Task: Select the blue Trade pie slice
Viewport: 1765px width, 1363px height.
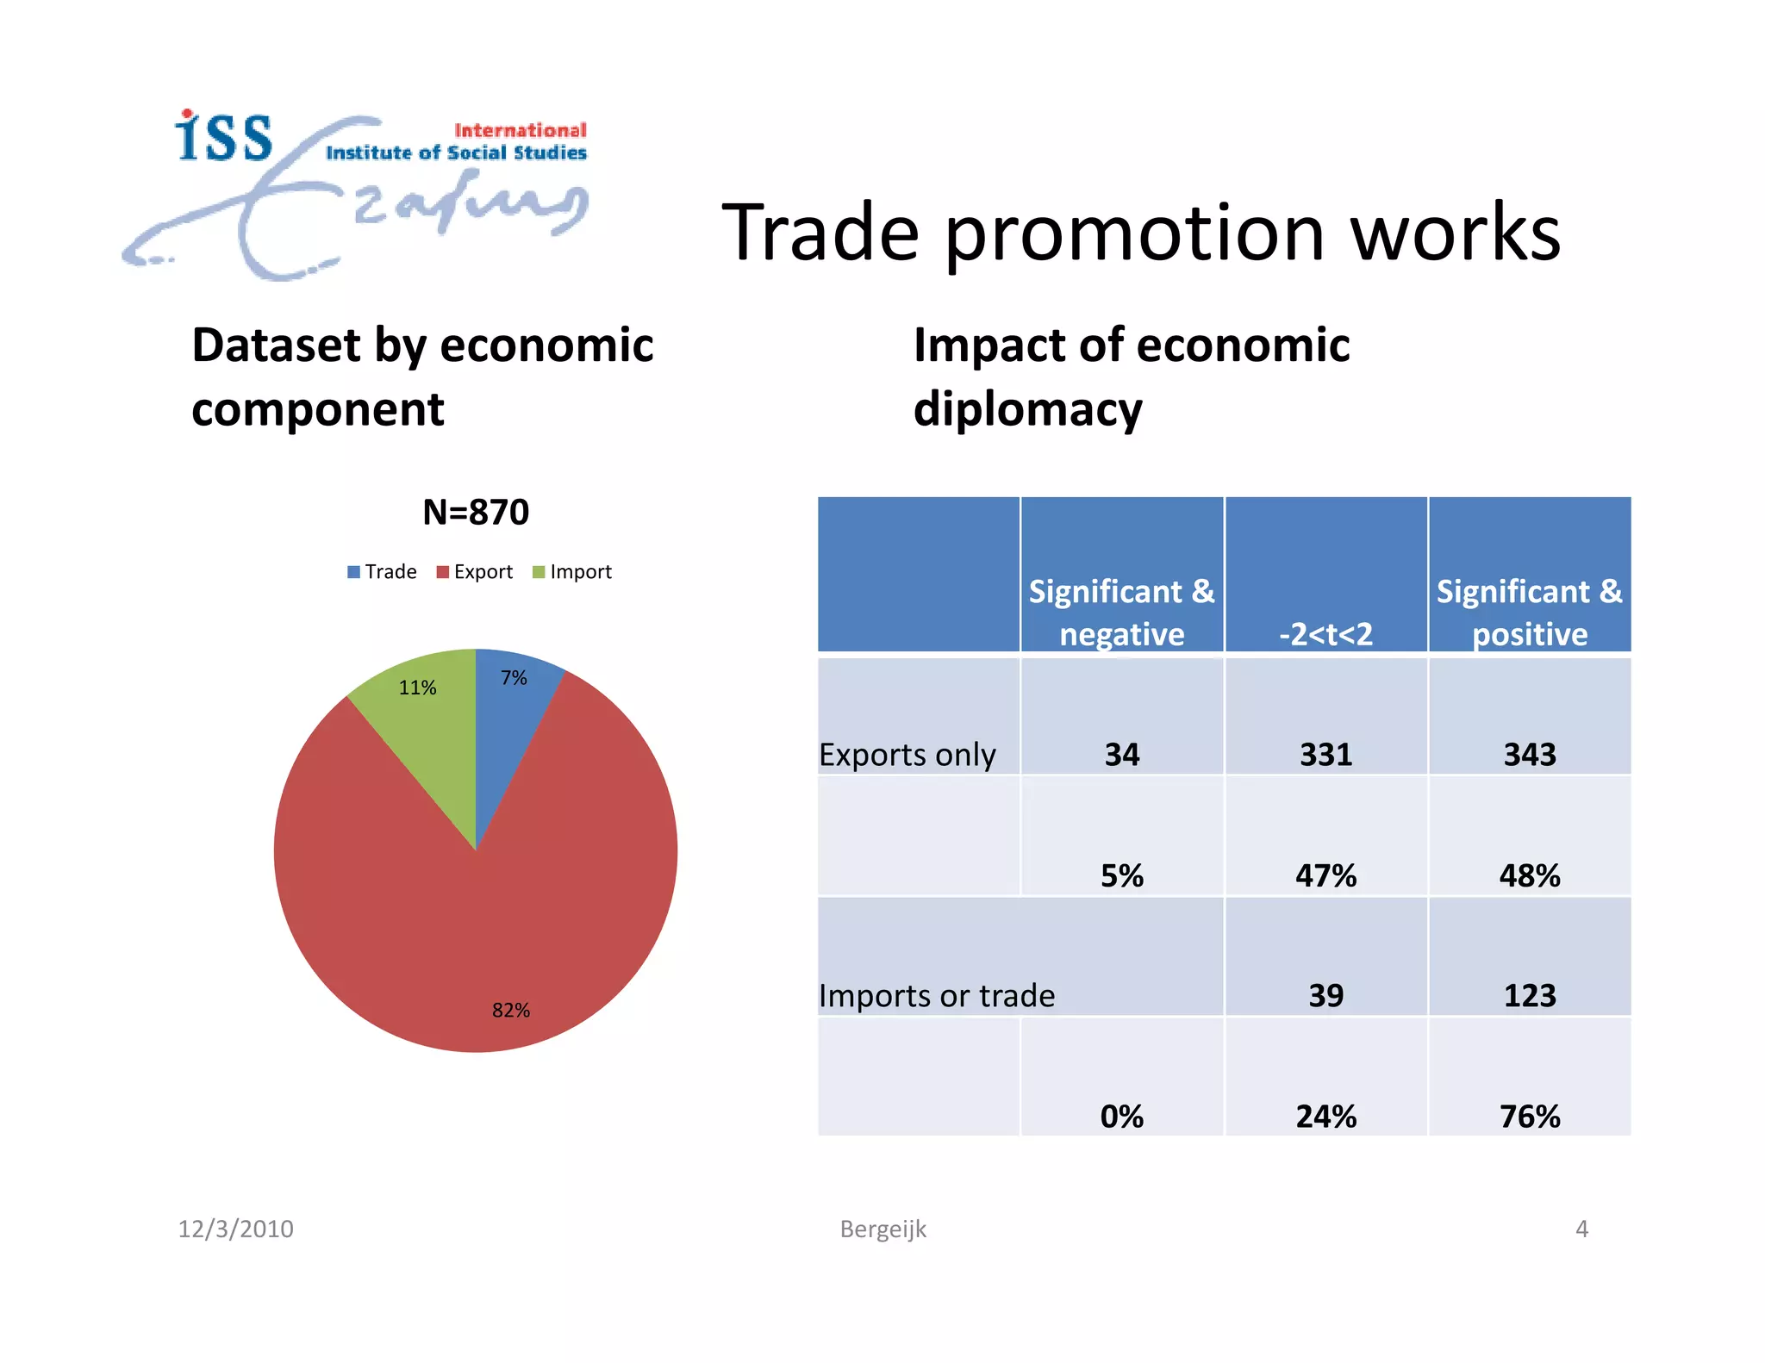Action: pyautogui.click(x=504, y=715)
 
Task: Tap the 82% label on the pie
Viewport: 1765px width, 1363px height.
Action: pyautogui.click(x=511, y=1010)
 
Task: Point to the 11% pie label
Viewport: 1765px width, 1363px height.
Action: pyautogui.click(x=417, y=688)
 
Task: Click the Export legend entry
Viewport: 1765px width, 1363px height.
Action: pyautogui.click(x=475, y=572)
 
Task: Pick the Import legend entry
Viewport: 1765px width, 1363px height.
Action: pyautogui.click(x=572, y=572)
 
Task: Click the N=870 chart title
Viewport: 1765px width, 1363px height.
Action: pyautogui.click(x=476, y=512)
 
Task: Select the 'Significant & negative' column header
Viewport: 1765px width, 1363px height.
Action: pyautogui.click(x=1121, y=612)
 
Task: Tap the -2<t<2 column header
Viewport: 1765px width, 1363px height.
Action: pyautogui.click(x=1325, y=633)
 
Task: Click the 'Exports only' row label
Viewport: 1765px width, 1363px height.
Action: pyautogui.click(x=907, y=755)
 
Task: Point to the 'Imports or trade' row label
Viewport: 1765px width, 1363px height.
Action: pyautogui.click(x=937, y=996)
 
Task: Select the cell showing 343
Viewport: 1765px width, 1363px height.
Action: pyautogui.click(x=1530, y=755)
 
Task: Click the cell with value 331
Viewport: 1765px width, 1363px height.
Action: pyautogui.click(x=1325, y=755)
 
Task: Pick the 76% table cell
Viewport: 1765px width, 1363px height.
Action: pyautogui.click(x=1530, y=1117)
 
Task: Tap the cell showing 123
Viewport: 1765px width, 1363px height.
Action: pyautogui.click(x=1530, y=996)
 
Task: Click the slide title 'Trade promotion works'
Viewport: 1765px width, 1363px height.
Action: pyautogui.click(x=1141, y=233)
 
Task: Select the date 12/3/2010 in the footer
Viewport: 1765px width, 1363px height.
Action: pyautogui.click(x=235, y=1229)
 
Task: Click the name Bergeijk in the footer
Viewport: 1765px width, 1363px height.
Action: pyautogui.click(x=882, y=1229)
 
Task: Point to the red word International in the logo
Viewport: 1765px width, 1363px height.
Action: pyautogui.click(x=521, y=130)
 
